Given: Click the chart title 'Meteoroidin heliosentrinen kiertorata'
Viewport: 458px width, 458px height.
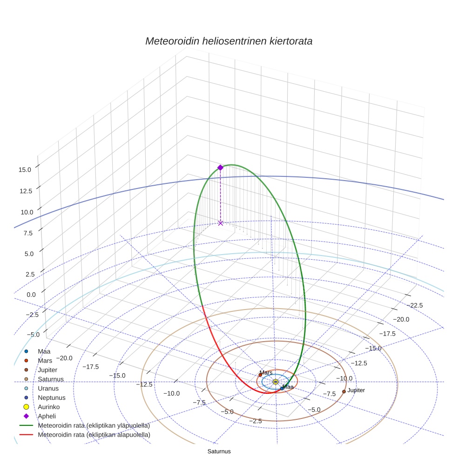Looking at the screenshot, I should tap(229, 41).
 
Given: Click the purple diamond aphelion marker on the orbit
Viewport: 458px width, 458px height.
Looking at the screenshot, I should tap(221, 168).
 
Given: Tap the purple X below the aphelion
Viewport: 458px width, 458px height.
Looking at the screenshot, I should tap(221, 223).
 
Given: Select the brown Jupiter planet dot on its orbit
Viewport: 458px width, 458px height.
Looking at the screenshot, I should tap(344, 391).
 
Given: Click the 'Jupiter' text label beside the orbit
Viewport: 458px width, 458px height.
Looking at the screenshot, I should tap(356, 390).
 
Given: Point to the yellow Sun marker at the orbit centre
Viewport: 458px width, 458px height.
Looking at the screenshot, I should tap(276, 382).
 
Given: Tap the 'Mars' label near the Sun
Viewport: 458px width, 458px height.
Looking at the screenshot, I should tap(266, 373).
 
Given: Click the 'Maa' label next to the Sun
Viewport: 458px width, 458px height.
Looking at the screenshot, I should tap(289, 387).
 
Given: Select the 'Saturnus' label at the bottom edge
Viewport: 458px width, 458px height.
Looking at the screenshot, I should tap(219, 451).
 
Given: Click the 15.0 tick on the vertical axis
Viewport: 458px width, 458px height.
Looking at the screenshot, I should tap(25, 170).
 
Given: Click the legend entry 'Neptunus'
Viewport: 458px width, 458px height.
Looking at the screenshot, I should tap(51, 397).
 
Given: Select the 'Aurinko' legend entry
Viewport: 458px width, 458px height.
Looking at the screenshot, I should tap(49, 407).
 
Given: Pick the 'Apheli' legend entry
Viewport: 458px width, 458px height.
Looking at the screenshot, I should tap(47, 416).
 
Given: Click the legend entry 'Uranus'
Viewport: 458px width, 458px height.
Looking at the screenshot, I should tap(48, 388).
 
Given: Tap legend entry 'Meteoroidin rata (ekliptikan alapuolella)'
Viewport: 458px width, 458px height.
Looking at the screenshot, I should tap(94, 435).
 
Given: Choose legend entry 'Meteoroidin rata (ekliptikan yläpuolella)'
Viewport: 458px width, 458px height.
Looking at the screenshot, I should tap(94, 425).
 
